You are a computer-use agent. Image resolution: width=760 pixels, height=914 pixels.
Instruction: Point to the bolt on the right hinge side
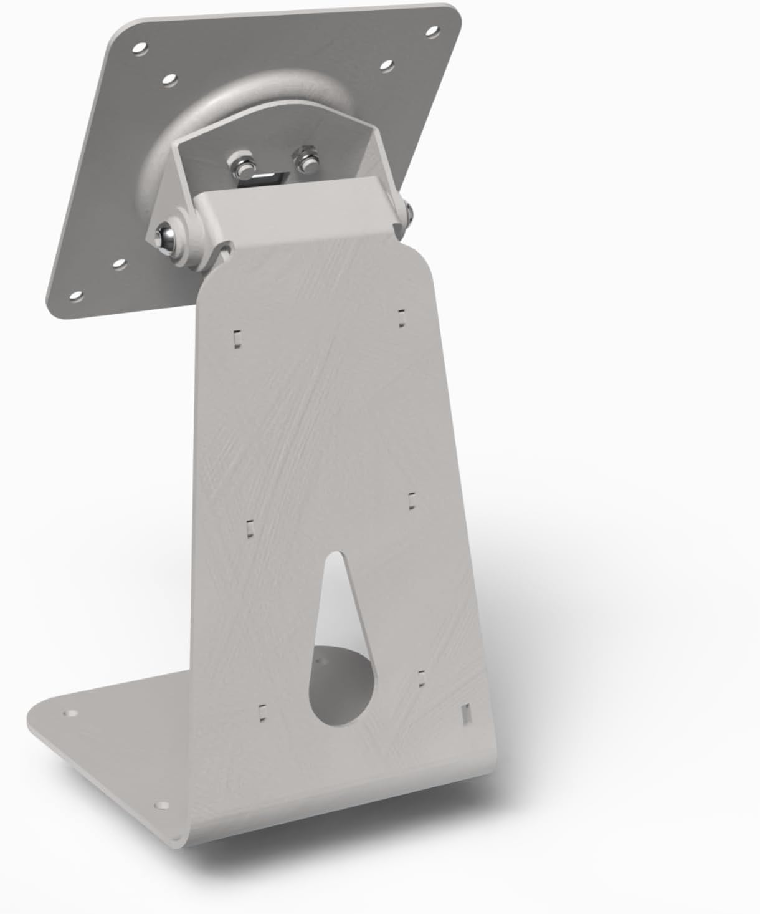(410, 211)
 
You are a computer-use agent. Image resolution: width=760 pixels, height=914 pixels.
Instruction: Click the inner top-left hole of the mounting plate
(169, 80)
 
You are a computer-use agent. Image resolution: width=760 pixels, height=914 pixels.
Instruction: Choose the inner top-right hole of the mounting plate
(386, 64)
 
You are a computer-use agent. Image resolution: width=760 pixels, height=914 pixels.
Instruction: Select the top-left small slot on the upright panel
(236, 337)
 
